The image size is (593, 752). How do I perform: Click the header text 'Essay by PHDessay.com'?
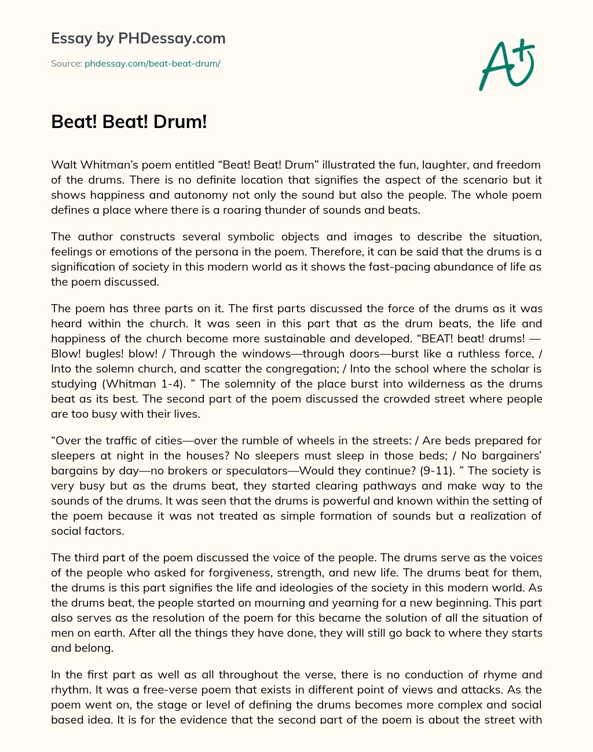(x=138, y=39)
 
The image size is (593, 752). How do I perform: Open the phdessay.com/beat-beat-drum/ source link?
(x=152, y=64)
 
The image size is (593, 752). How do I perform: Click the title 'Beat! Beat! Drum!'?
(x=129, y=122)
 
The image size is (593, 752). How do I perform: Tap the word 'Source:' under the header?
(x=66, y=64)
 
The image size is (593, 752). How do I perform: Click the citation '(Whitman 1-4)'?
(x=122, y=384)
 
